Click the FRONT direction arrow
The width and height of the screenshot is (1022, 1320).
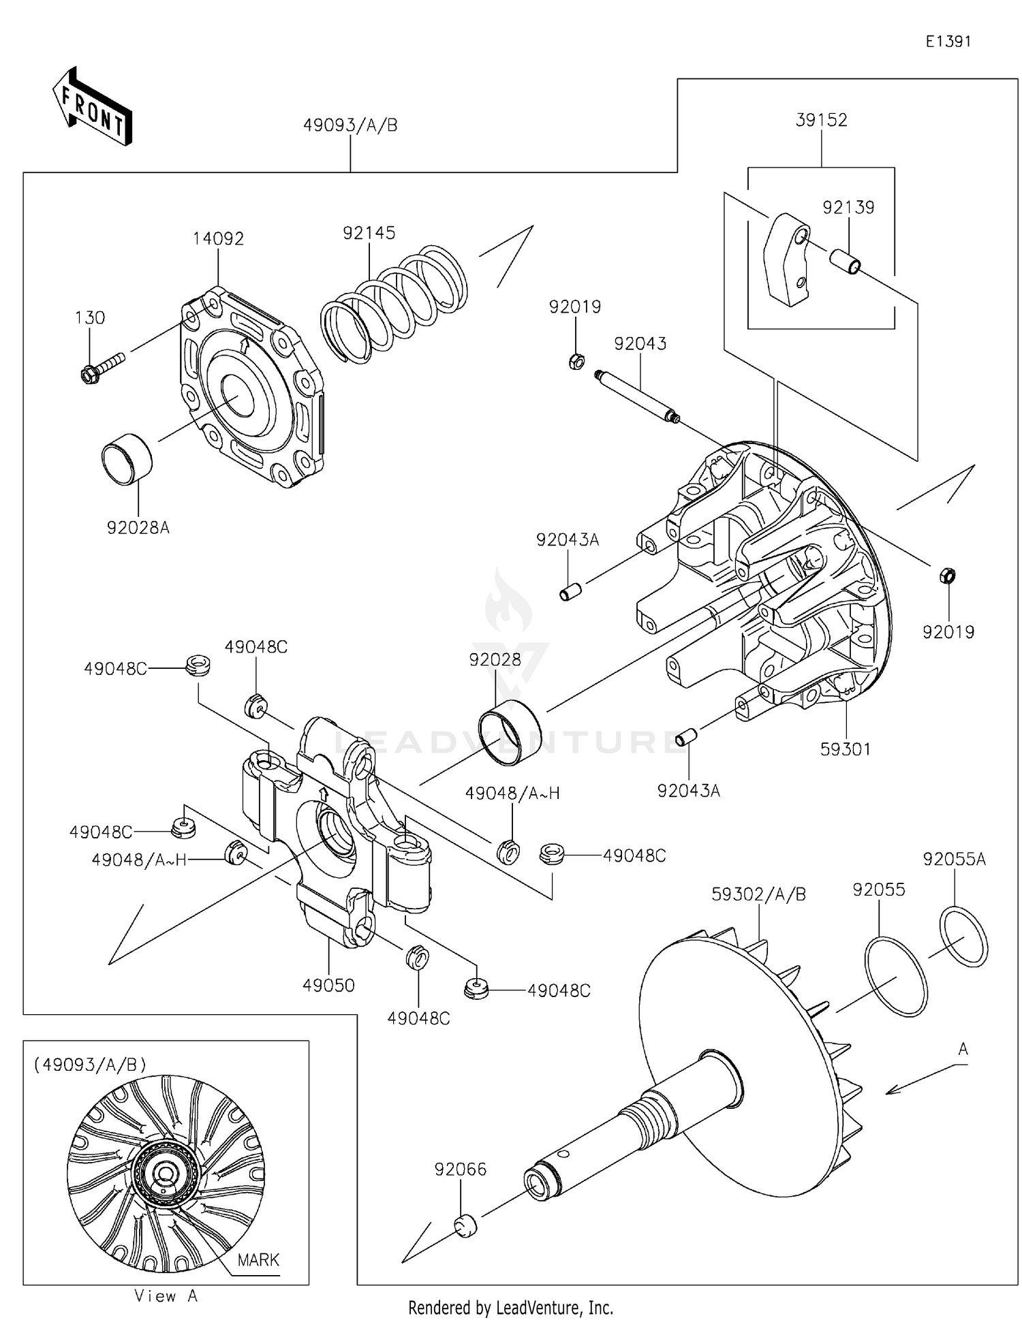pos(92,107)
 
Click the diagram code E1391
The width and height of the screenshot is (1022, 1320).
pos(948,42)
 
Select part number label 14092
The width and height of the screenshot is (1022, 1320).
pos(218,238)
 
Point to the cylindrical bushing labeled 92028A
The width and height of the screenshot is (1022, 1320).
pos(127,459)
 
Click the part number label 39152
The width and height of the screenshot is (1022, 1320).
pos(821,120)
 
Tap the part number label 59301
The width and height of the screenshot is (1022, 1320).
pos(845,749)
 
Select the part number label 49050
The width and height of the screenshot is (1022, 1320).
pos(328,986)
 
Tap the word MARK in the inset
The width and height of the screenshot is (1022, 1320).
pos(258,1259)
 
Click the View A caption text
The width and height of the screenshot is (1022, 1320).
pos(166,1296)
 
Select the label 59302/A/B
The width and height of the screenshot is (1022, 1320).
pos(758,894)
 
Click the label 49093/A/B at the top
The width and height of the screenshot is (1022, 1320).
pos(350,125)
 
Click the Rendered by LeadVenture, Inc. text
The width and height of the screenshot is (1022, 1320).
pos(510,1308)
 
